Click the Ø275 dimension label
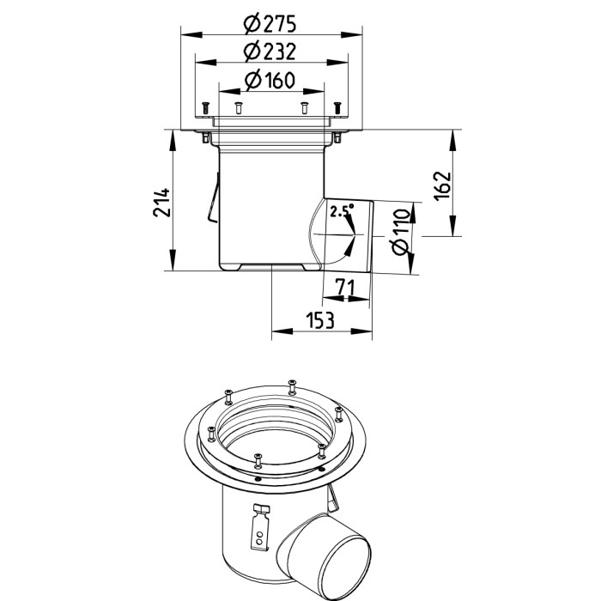click(x=270, y=23)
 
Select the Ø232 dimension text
click(x=270, y=51)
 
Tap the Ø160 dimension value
click(x=270, y=80)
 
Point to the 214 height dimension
click(x=161, y=202)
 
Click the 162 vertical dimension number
click(x=443, y=185)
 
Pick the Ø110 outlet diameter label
click(x=401, y=232)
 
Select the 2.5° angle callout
click(x=343, y=211)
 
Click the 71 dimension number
click(x=345, y=287)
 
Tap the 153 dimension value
click(x=320, y=320)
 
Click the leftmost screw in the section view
click(x=206, y=107)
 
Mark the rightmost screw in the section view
click(x=337, y=107)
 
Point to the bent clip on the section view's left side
click(x=213, y=198)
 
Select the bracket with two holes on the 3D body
click(x=260, y=527)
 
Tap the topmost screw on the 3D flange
click(x=292, y=386)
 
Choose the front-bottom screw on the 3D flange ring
click(x=258, y=461)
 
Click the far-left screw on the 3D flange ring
click(x=210, y=434)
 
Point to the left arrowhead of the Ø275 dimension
click(x=191, y=35)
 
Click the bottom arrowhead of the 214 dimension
click(x=172, y=260)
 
